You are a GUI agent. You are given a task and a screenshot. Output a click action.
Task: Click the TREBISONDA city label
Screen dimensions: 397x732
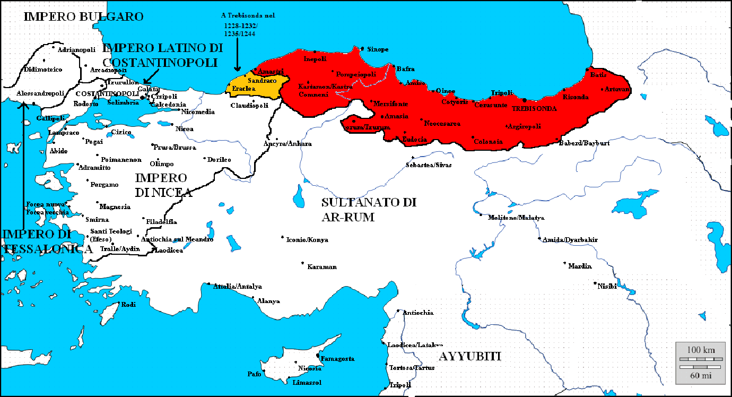pos(534,108)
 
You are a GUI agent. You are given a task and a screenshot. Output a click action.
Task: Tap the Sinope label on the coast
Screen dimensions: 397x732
pos(378,49)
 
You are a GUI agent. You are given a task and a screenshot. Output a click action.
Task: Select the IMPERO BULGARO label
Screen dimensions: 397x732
pos(84,17)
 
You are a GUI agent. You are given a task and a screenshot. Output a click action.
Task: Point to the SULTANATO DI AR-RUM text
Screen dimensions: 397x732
pos(369,210)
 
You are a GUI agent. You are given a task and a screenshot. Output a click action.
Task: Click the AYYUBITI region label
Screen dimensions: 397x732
pos(469,356)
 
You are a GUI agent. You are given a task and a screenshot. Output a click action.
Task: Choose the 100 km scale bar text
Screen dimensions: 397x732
pos(701,350)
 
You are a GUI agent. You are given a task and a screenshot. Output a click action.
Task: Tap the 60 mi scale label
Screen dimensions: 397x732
pos(701,376)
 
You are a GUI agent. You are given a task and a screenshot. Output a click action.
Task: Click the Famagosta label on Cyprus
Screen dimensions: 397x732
pos(338,359)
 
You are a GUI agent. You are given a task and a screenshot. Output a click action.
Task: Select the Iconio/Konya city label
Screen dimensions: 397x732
pos(307,240)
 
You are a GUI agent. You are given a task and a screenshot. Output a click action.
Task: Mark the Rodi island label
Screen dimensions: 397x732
pos(129,305)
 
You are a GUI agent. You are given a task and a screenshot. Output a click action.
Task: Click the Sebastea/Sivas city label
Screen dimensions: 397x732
pos(429,165)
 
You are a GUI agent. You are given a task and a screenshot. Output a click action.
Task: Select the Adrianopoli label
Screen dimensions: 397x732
pos(76,50)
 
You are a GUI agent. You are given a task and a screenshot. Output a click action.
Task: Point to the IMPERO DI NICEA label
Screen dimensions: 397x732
pos(162,185)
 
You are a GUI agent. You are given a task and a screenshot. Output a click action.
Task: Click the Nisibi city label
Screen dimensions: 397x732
pos(607,286)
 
